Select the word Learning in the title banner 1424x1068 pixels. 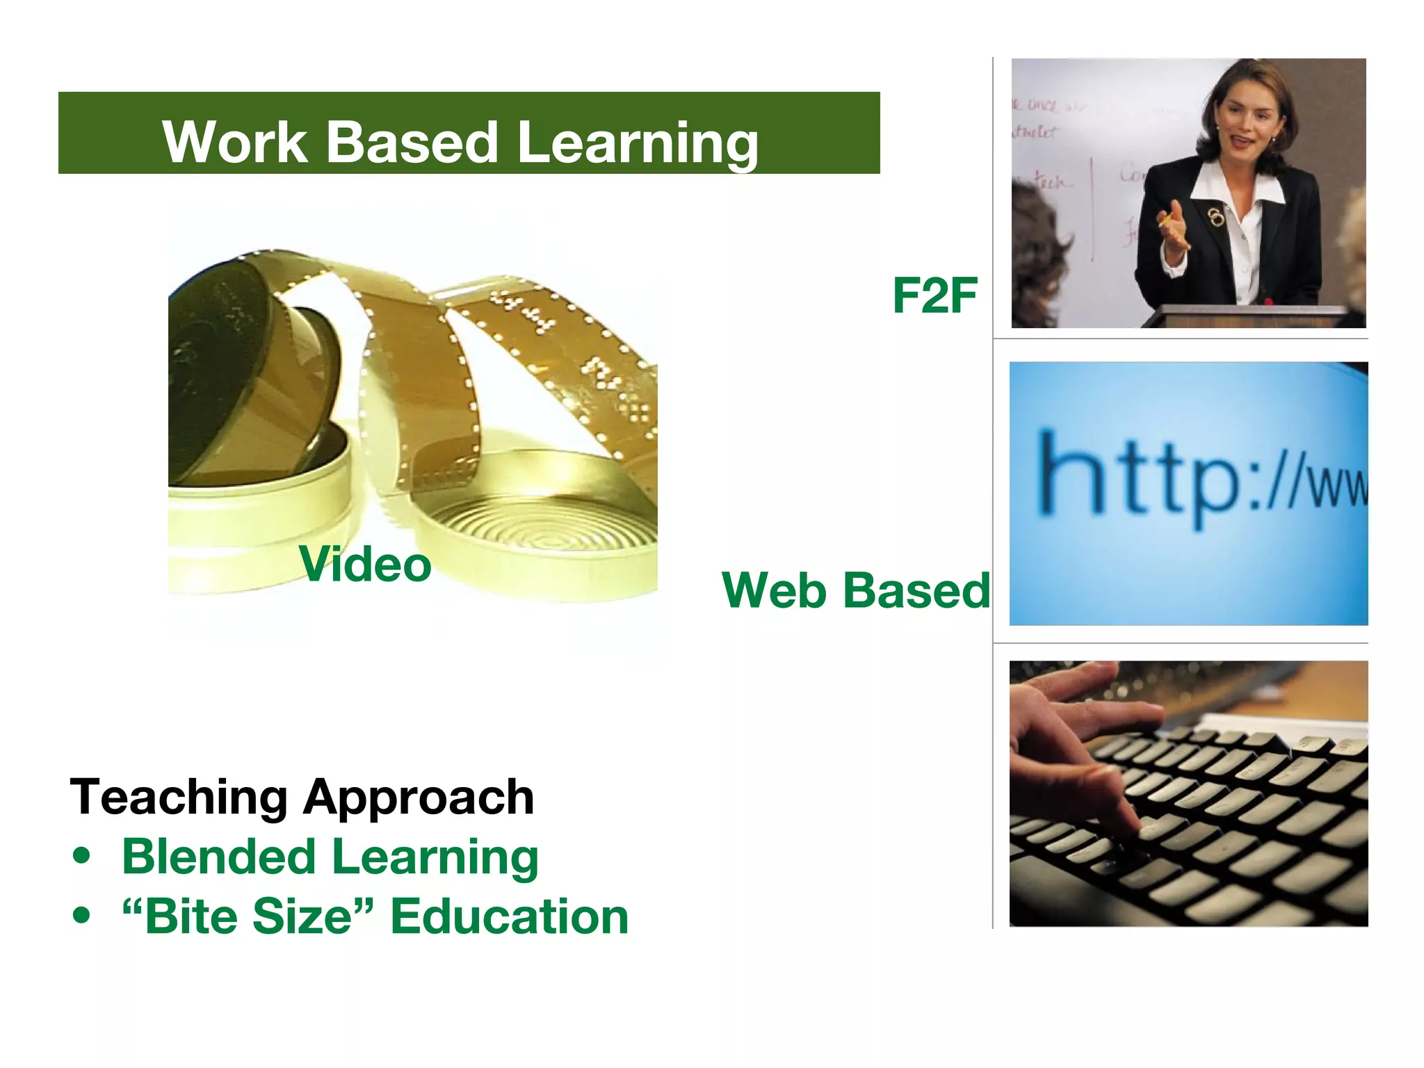(x=638, y=143)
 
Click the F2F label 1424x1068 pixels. (x=934, y=296)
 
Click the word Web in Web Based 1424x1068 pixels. (x=772, y=590)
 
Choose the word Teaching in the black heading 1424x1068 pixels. (x=179, y=797)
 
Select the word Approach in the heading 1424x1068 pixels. (x=419, y=798)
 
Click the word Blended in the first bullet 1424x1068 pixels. (x=219, y=856)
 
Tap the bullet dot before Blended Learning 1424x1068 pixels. (x=82, y=855)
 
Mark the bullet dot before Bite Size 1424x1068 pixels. (x=82, y=915)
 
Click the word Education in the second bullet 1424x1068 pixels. (x=509, y=916)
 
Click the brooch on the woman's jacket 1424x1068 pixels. (x=1215, y=217)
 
